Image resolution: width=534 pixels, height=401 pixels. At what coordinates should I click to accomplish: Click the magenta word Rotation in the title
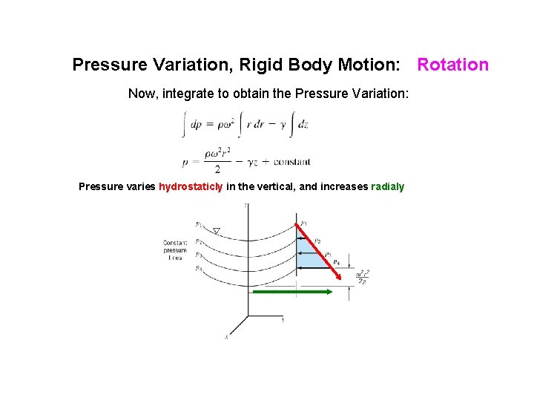452,65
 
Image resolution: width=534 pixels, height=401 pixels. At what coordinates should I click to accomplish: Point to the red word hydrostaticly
191,186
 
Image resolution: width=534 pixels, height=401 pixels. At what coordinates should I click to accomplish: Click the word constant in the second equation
291,161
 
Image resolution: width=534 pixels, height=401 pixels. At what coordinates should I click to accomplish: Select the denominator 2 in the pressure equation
217,169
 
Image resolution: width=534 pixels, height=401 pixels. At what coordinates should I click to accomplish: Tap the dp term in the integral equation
196,125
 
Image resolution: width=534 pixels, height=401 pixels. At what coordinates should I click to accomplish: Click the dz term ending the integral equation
302,125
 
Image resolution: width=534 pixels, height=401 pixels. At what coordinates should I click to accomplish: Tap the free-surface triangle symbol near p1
216,231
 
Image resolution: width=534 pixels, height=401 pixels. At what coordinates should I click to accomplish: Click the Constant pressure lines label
176,250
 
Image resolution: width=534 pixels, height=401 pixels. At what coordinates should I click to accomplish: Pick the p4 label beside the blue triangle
336,262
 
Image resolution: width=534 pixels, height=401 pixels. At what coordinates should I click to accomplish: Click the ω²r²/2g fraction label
362,277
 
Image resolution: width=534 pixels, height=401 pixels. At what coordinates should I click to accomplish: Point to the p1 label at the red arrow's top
304,223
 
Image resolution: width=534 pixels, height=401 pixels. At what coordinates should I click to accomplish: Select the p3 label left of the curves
199,255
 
